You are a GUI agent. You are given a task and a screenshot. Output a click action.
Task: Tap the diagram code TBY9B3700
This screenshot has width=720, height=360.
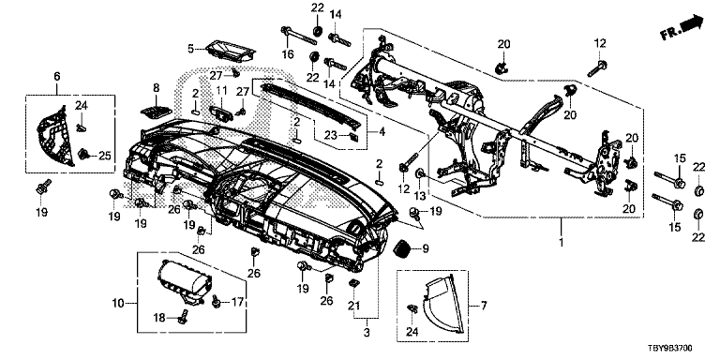tap(674, 350)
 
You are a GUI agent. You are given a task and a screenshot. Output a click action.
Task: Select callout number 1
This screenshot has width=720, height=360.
tap(561, 241)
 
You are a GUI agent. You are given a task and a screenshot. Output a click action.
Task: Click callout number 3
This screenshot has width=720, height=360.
tap(367, 332)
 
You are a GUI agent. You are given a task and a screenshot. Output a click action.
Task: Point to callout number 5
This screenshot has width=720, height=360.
tap(190, 48)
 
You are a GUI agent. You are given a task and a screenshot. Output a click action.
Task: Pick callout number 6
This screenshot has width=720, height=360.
tap(57, 77)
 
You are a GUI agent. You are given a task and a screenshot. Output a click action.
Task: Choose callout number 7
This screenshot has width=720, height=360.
tap(484, 305)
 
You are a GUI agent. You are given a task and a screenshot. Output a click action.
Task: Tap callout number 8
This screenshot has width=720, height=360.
tap(157, 87)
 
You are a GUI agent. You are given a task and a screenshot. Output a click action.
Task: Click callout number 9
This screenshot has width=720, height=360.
tap(426, 249)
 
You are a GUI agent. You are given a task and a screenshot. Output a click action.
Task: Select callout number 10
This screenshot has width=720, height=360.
tap(118, 303)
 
